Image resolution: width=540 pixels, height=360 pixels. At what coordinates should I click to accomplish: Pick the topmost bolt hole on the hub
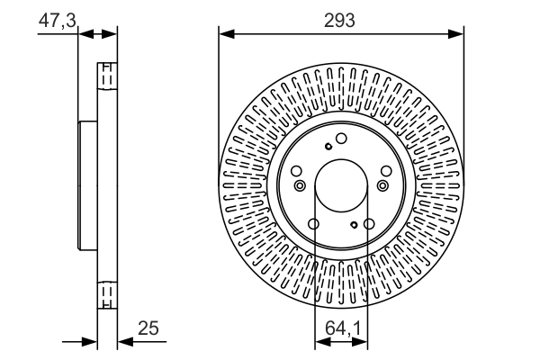coord(342,139)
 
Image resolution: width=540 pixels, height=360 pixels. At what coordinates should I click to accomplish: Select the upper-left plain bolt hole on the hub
coord(297,171)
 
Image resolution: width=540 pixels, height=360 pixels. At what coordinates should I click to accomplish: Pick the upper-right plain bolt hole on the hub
coord(386,171)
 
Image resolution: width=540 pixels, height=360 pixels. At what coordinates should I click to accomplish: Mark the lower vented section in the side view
coord(106,295)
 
